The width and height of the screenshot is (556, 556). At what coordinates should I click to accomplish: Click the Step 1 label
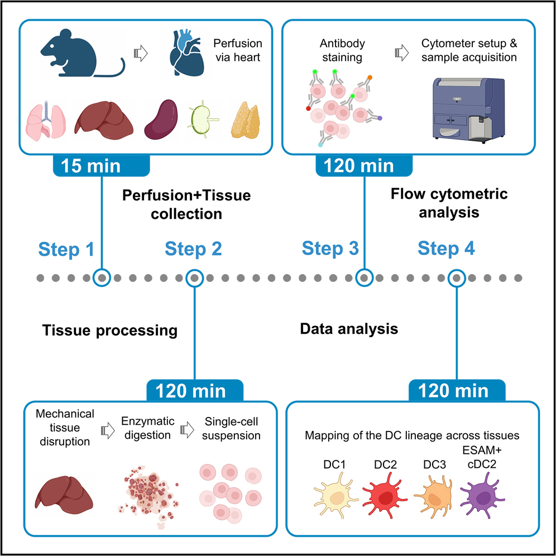click(66, 249)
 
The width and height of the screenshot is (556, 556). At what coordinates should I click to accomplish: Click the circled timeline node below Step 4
click(457, 277)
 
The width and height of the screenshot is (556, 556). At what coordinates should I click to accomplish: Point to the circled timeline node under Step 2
click(194, 277)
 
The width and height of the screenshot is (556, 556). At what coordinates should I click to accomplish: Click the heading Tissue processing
click(109, 330)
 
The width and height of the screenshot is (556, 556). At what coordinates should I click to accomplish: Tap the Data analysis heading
click(349, 329)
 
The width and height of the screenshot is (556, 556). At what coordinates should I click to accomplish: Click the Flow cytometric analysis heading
click(449, 203)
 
